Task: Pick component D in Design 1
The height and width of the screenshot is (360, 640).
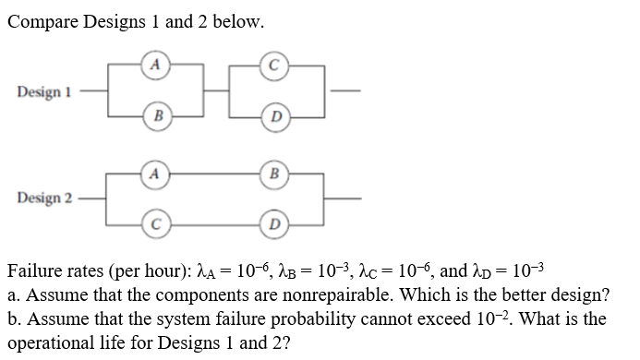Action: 274,117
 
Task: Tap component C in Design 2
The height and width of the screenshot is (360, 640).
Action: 156,223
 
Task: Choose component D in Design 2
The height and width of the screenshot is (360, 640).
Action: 273,223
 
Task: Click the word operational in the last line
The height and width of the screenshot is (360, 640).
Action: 51,342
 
